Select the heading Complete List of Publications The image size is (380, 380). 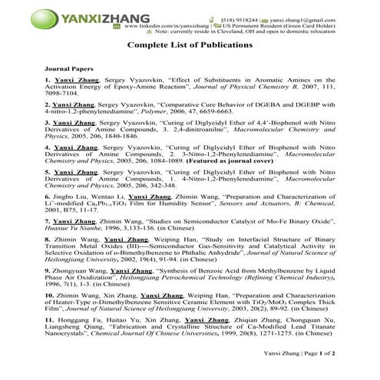(x=189, y=45)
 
